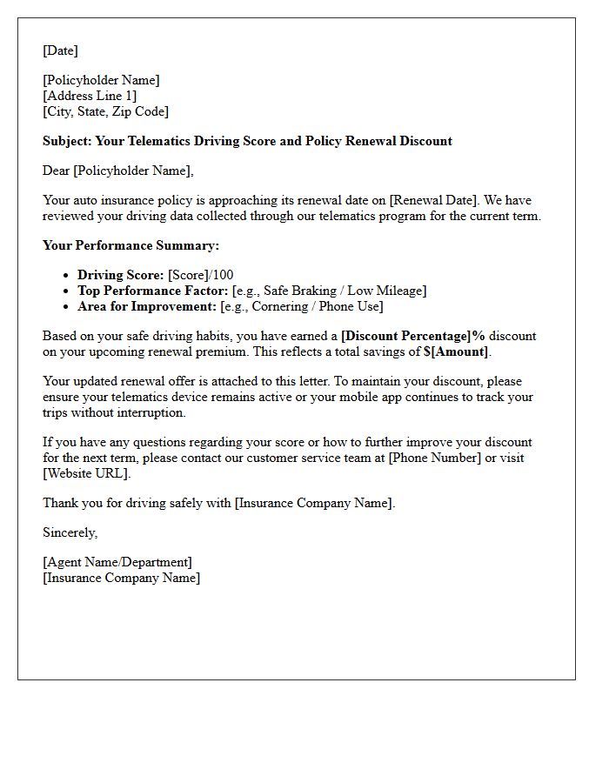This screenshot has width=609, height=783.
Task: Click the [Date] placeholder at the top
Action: tap(60, 50)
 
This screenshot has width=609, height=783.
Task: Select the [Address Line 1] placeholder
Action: tap(90, 96)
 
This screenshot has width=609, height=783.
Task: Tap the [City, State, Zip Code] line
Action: tap(105, 111)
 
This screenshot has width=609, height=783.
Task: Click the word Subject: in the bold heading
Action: tap(67, 141)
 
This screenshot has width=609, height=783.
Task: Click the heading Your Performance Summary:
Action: tap(130, 245)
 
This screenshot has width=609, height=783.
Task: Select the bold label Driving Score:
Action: tap(120, 275)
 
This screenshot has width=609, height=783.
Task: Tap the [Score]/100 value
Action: tap(201, 275)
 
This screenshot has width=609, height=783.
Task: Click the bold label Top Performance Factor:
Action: tap(153, 291)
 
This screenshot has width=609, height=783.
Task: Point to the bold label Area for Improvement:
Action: tap(147, 306)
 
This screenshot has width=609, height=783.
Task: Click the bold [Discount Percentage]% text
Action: tap(412, 336)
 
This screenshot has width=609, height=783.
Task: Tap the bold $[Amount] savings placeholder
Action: tap(450, 351)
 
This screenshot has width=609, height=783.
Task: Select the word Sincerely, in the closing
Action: tap(70, 532)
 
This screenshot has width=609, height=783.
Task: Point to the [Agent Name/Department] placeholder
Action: tap(117, 562)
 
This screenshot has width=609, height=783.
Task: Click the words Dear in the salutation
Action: tap(57, 171)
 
